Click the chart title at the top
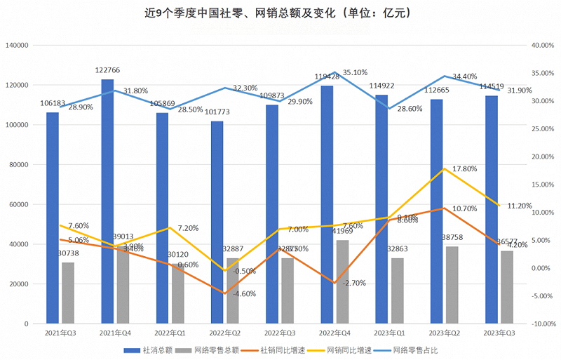click(x=280, y=13)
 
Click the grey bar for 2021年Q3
click(x=68, y=293)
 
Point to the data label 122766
click(x=109, y=70)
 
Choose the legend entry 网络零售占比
click(x=414, y=349)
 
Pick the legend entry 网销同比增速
click(x=348, y=349)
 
